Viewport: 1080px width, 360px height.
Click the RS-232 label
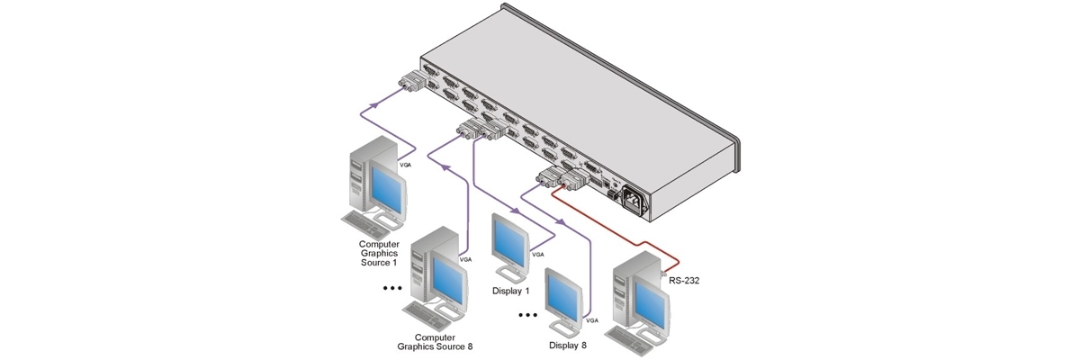pyautogui.click(x=685, y=280)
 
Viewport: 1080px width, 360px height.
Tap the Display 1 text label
pyautogui.click(x=511, y=291)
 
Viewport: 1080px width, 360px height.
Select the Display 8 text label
pyautogui.click(x=568, y=345)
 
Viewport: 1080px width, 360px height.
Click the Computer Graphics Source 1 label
pyautogui.click(x=378, y=253)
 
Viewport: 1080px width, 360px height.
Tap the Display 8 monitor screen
pyautogui.click(x=566, y=292)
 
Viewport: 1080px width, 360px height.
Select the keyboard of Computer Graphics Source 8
pyautogui.click(x=431, y=314)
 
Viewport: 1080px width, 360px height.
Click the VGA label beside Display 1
pyautogui.click(x=537, y=255)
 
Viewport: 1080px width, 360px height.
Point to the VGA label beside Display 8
pyautogui.click(x=591, y=319)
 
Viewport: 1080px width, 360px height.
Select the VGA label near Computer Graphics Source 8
pyautogui.click(x=465, y=259)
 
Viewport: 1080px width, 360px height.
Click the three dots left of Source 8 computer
pyautogui.click(x=391, y=289)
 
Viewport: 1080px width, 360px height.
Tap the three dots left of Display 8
pyautogui.click(x=528, y=316)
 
